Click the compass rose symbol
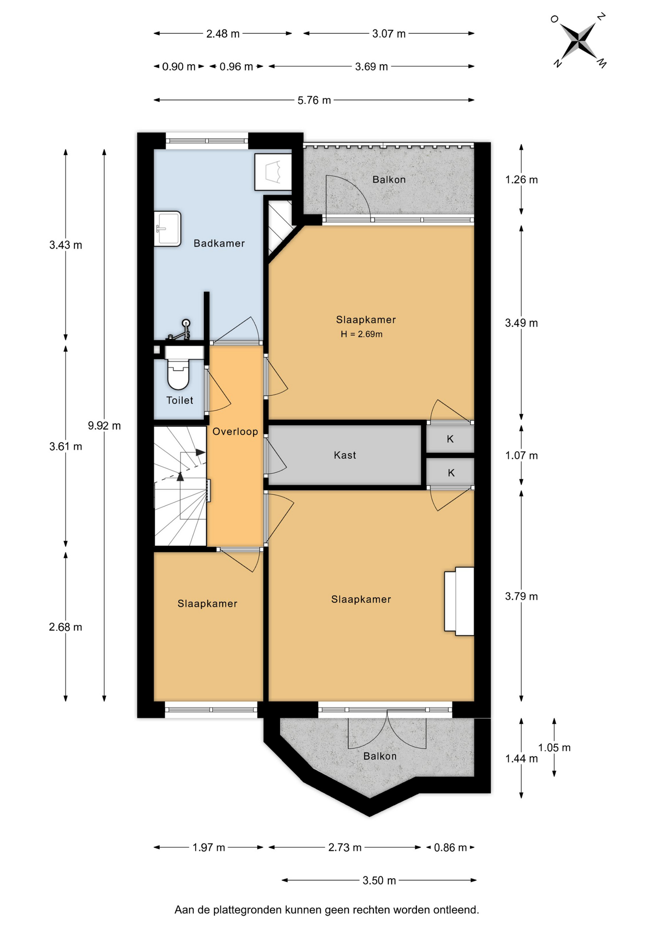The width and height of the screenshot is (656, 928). click(578, 41)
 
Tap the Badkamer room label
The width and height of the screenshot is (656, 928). click(219, 243)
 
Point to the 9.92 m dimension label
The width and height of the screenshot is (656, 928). click(104, 426)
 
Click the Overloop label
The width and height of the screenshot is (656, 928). click(235, 432)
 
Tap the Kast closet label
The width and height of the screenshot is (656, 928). click(345, 455)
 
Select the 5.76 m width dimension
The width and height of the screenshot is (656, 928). click(314, 100)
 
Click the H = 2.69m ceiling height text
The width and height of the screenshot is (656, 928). click(361, 334)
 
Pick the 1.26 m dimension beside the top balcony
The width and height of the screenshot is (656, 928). click(521, 180)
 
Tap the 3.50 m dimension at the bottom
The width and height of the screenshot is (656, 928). click(379, 881)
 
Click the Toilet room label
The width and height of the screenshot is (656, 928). click(180, 400)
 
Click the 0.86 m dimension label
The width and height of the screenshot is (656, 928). click(451, 847)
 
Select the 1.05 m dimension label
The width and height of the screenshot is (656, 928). click(555, 748)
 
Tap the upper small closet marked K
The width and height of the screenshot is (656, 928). click(450, 439)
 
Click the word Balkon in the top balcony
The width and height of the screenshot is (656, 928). click(389, 180)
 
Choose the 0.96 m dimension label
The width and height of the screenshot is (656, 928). click(236, 67)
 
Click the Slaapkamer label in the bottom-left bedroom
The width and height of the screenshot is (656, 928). click(207, 604)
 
